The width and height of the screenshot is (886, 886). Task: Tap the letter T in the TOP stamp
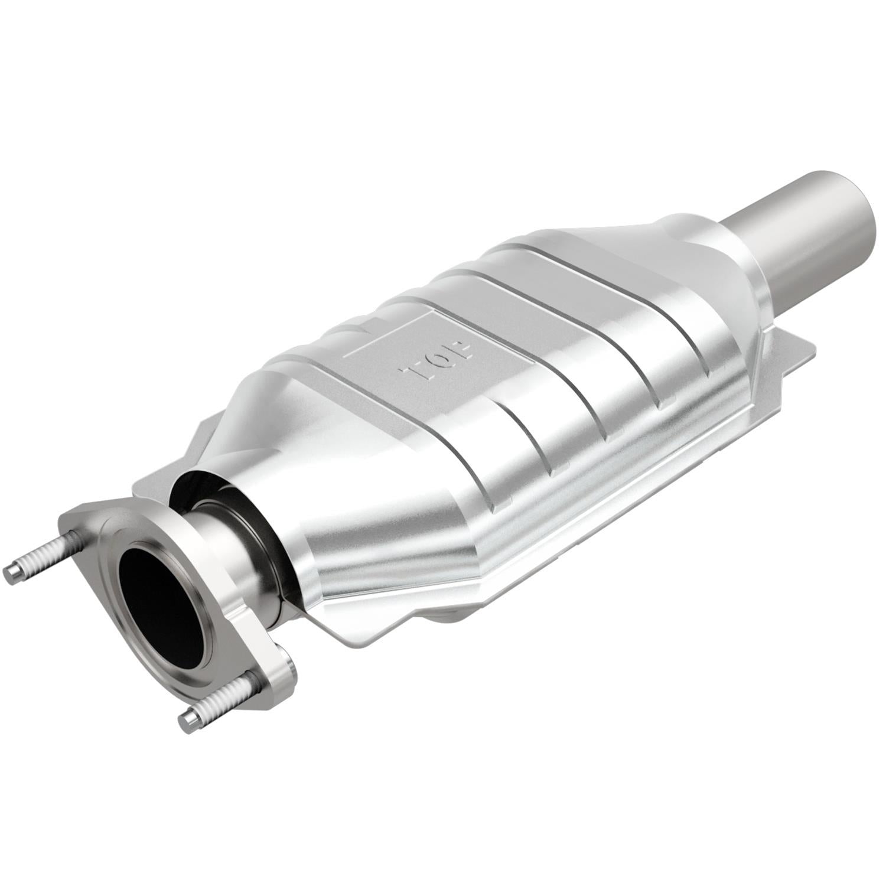[412, 373]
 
